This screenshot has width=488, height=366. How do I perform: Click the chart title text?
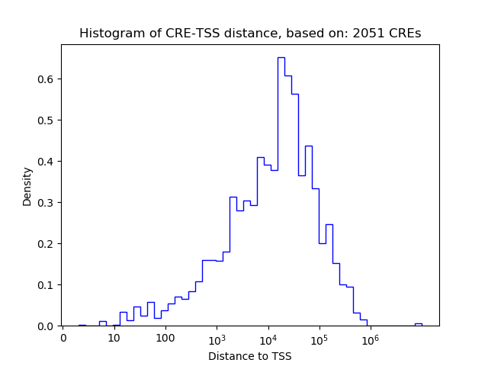click(x=250, y=34)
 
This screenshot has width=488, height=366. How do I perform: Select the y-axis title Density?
click(x=27, y=186)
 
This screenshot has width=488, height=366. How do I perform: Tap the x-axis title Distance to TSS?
click(x=250, y=356)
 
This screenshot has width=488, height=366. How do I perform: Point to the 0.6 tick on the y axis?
click(x=46, y=79)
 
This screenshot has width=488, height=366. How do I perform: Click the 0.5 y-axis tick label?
click(x=46, y=120)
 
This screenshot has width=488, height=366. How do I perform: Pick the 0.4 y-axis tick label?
click(x=46, y=162)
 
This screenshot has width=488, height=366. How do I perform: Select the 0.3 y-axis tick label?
click(x=46, y=203)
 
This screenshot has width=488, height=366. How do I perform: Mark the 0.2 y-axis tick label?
click(x=46, y=244)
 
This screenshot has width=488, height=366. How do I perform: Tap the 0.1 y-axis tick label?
click(x=46, y=285)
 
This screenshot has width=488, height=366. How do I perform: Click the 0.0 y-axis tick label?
click(x=46, y=326)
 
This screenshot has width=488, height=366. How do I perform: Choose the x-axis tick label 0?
click(x=63, y=338)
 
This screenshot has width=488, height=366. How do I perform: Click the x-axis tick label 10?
click(x=114, y=338)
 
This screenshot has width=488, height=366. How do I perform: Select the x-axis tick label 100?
click(x=165, y=338)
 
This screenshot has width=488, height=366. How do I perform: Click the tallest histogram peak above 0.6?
click(x=281, y=58)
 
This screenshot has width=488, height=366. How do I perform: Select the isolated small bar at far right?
click(x=418, y=324)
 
